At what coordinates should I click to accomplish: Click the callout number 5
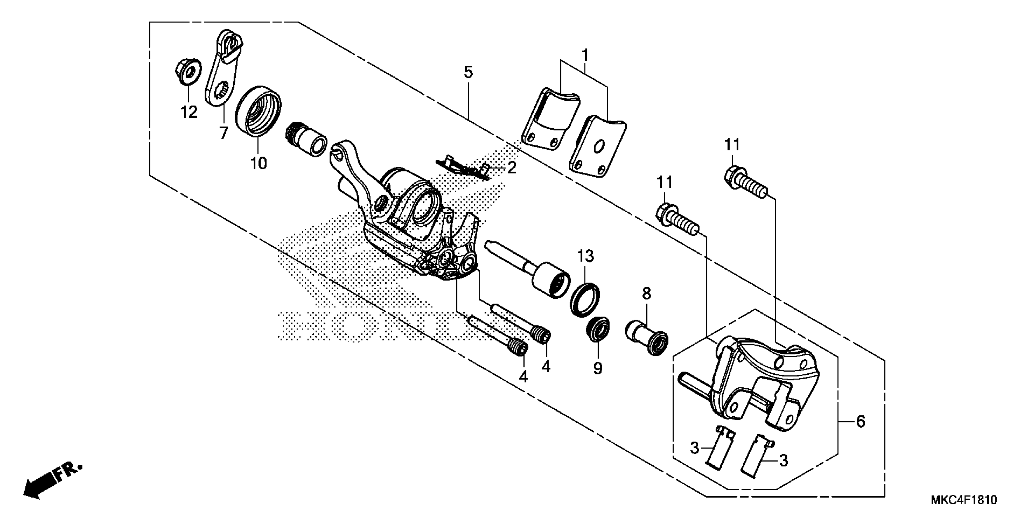(468, 72)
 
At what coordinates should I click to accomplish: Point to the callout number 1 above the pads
(585, 55)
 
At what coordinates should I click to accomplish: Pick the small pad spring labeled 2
(462, 168)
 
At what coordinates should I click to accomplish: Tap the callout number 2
(512, 168)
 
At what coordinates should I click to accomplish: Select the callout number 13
(585, 256)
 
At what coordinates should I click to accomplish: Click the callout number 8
(646, 294)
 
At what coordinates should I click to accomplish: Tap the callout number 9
(598, 368)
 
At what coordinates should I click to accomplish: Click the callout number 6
(860, 422)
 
